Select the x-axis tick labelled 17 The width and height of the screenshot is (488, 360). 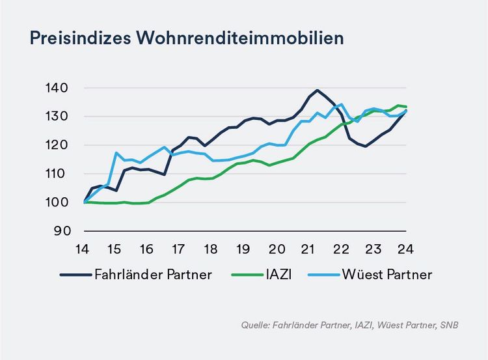click(x=178, y=249)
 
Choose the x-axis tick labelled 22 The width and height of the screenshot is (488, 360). click(x=340, y=249)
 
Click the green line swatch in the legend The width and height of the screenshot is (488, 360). click(x=243, y=275)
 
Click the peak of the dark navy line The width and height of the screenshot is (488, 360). click(x=317, y=90)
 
